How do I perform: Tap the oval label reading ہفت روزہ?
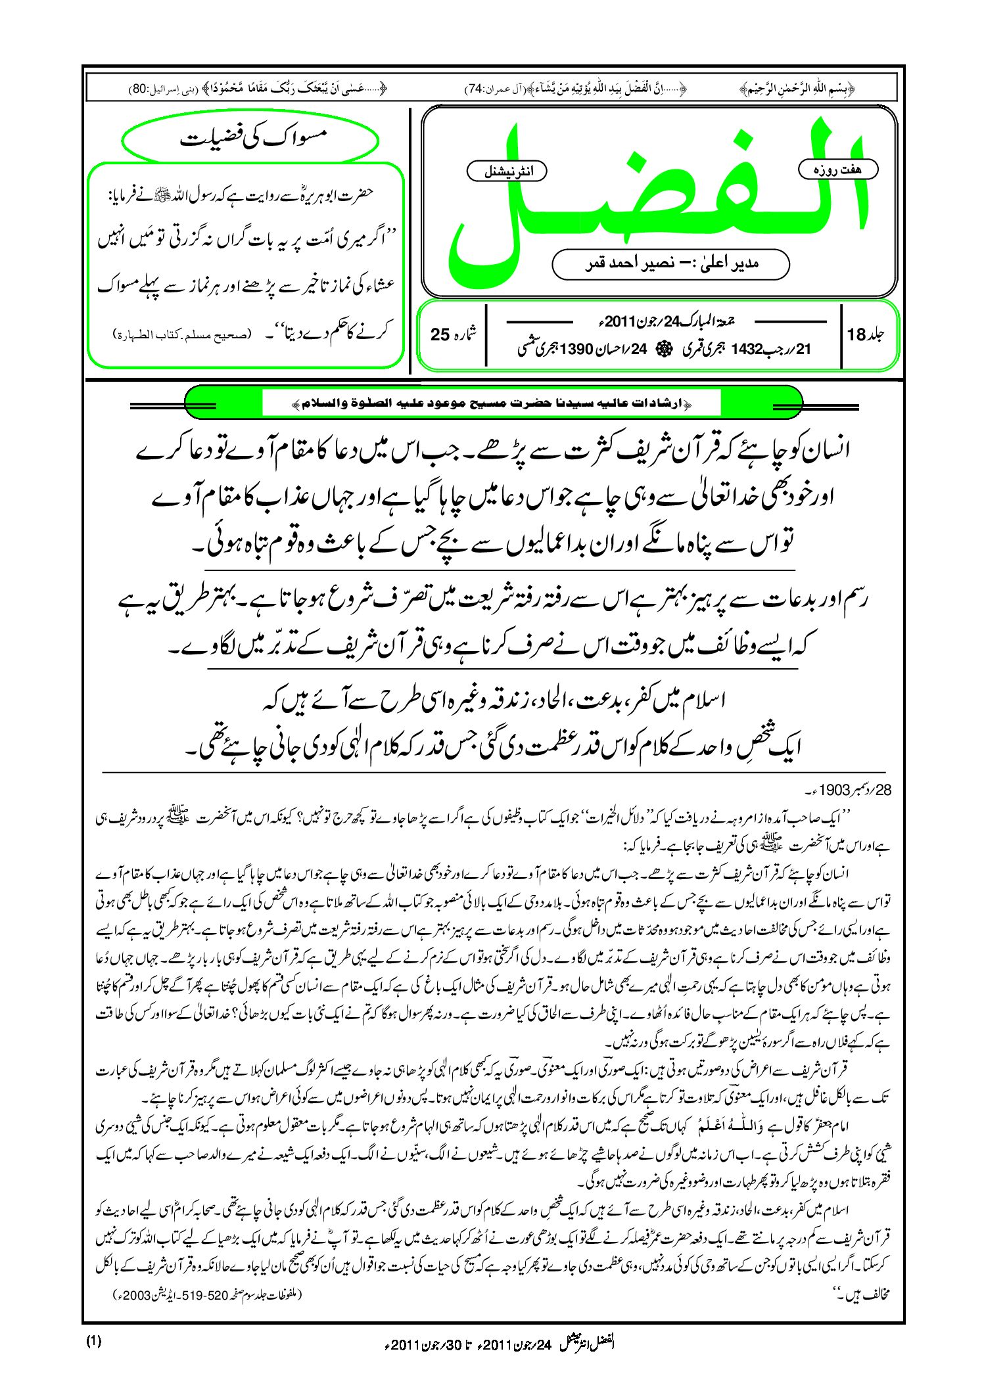click(837, 170)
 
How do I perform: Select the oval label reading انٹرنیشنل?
click(507, 171)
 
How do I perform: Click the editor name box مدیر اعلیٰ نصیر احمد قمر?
click(670, 264)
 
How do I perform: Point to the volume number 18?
click(856, 334)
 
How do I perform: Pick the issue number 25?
click(440, 334)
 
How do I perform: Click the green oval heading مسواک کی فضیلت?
click(250, 139)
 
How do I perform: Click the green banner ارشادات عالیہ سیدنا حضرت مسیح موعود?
click(493, 402)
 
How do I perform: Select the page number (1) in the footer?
click(93, 1342)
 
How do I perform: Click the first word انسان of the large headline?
click(820, 450)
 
